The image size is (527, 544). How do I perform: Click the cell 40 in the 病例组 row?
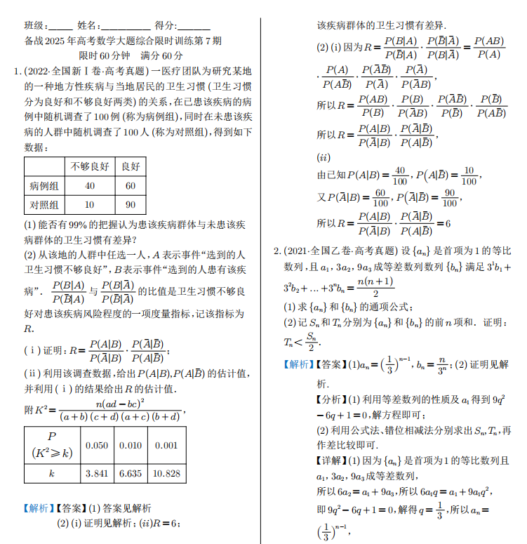click(x=90, y=186)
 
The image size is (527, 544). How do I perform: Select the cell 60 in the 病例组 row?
click(x=131, y=186)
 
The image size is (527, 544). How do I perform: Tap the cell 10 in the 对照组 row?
click(x=90, y=205)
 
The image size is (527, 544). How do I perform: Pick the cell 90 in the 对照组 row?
click(x=131, y=205)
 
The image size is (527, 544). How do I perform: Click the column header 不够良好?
click(x=89, y=167)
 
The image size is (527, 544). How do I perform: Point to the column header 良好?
click(x=131, y=167)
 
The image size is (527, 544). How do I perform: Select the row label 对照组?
click(x=44, y=205)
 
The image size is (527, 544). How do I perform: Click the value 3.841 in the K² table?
click(x=97, y=473)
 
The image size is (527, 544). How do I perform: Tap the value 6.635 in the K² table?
click(x=131, y=473)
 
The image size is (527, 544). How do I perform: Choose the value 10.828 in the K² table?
click(x=166, y=473)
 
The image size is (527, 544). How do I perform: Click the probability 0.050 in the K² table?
click(x=97, y=445)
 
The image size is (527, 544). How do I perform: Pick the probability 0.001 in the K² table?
click(x=166, y=445)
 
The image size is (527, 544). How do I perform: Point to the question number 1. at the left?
click(x=18, y=72)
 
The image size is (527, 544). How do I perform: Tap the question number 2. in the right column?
click(x=276, y=251)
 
